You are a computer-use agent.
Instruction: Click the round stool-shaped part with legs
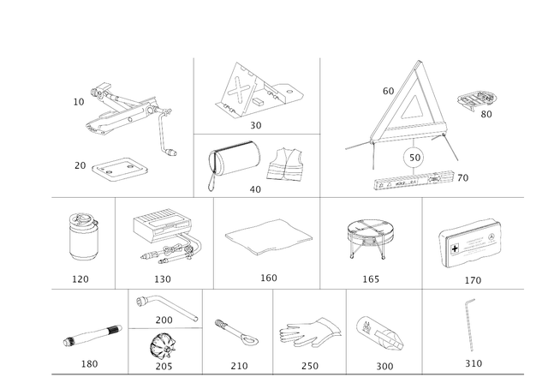[x=371, y=236]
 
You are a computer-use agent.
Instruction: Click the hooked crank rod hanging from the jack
[x=164, y=137]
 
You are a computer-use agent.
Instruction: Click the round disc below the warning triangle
[x=414, y=156]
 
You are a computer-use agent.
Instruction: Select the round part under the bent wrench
[x=160, y=347]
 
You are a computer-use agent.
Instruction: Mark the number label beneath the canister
[x=80, y=279]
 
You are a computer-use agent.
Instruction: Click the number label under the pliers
[x=309, y=364]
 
